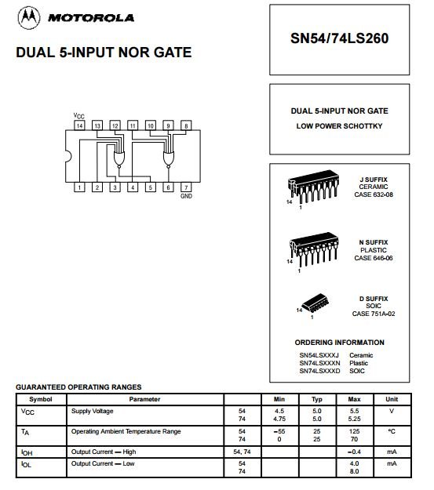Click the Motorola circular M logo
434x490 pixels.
29,18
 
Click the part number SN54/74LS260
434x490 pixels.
340,38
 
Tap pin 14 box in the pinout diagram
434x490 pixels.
79,125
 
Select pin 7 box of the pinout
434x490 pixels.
186,187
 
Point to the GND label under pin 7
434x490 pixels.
186,196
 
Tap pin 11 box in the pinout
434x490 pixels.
133,125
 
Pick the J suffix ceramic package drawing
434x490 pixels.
313,187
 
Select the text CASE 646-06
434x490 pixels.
374,258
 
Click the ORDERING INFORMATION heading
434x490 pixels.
340,343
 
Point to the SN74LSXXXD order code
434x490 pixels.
319,371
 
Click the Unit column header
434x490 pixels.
392,399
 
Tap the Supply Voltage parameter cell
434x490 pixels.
93,412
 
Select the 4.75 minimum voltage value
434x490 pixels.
279,419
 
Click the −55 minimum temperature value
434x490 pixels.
279,431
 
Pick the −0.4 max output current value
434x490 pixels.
354,452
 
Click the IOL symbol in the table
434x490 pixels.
26,464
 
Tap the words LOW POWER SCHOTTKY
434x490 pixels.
340,126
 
